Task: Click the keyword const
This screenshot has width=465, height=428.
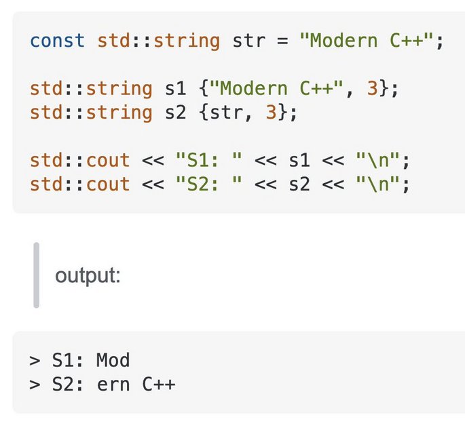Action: (57, 40)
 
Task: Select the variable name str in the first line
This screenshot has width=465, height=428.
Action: (248, 40)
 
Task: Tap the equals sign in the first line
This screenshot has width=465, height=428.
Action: (282, 41)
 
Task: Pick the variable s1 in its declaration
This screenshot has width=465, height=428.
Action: (176, 88)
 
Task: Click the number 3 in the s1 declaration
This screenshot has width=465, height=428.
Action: (373, 88)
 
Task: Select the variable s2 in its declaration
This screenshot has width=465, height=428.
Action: (176, 113)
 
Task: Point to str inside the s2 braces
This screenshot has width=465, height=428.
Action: (227, 113)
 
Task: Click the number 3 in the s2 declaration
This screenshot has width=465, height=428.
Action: (271, 113)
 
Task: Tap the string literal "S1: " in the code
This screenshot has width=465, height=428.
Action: (209, 160)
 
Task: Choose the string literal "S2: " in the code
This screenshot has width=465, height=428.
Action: (209, 184)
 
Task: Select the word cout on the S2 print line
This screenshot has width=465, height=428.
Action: (108, 184)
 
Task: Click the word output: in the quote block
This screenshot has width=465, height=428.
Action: (88, 275)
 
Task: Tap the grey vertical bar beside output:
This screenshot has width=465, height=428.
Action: (37, 275)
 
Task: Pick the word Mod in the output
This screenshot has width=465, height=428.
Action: (113, 360)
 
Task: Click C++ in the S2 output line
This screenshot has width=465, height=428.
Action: (159, 385)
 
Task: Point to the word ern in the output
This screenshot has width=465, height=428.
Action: (113, 385)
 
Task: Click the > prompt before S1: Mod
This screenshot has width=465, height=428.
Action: (35, 360)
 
